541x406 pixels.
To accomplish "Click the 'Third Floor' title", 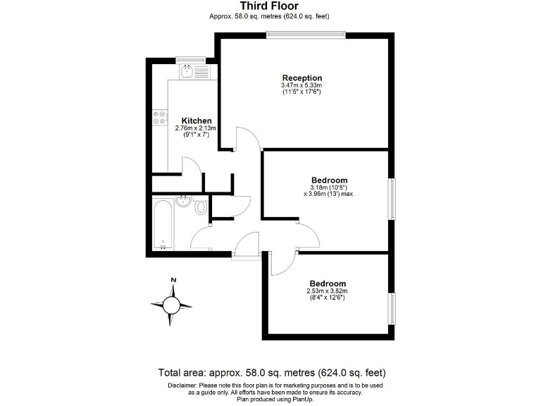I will (x=270, y=6).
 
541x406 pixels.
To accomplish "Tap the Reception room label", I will (x=302, y=78).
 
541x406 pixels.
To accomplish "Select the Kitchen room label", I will (x=197, y=121).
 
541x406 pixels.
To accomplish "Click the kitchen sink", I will (x=188, y=70).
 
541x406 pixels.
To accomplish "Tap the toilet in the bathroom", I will (x=201, y=207).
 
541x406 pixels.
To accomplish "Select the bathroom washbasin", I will (x=185, y=201).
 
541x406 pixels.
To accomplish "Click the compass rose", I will (x=172, y=305).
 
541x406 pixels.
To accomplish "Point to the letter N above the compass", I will (x=173, y=281).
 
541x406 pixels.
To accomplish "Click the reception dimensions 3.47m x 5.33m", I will (x=302, y=86).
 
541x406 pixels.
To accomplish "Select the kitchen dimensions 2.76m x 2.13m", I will (x=196, y=128).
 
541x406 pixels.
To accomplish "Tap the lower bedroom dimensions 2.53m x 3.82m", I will (x=327, y=290).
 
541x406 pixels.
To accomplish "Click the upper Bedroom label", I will (x=329, y=180).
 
